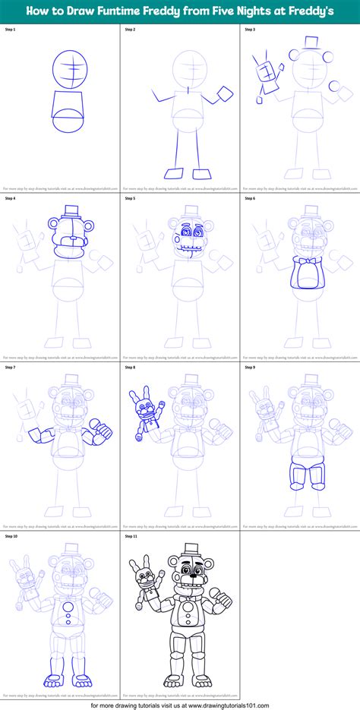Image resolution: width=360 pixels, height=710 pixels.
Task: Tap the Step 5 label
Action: (x=131, y=198)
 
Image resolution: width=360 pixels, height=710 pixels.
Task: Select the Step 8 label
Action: (x=131, y=367)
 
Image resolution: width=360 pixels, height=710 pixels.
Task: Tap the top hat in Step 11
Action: (x=189, y=550)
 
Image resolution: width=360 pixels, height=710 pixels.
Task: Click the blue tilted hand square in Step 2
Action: (x=226, y=95)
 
